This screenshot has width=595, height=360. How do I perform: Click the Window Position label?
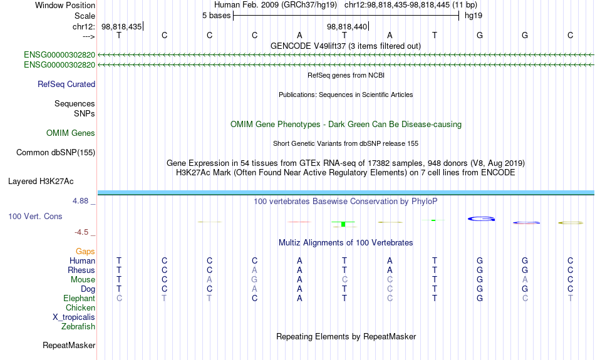pyautogui.click(x=65, y=5)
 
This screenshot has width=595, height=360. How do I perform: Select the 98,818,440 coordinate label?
pyautogui.click(x=347, y=26)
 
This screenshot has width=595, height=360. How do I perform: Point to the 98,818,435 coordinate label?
pyautogui.click(x=122, y=26)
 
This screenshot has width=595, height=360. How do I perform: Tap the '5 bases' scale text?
pyautogui.click(x=216, y=16)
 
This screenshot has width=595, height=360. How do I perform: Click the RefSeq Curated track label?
pyautogui.click(x=66, y=85)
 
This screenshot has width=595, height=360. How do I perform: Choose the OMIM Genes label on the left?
pyautogui.click(x=71, y=133)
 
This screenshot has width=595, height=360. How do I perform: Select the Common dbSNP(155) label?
pyautogui.click(x=56, y=153)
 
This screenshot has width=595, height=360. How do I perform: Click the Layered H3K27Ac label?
pyautogui.click(x=41, y=182)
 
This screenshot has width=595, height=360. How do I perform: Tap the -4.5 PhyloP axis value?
pyautogui.click(x=81, y=232)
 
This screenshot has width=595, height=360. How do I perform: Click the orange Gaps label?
pyautogui.click(x=85, y=252)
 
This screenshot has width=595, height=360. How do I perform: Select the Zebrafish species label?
pyautogui.click(x=78, y=326)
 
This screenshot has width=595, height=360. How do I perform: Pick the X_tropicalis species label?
pyautogui.click(x=74, y=317)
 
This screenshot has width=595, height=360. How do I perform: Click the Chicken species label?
pyautogui.click(x=80, y=307)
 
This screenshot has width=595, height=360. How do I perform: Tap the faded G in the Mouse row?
pyautogui.click(x=254, y=280)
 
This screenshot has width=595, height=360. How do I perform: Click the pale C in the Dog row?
pyautogui.click(x=390, y=289)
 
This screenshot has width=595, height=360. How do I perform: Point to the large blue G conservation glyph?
pyautogui.click(x=481, y=219)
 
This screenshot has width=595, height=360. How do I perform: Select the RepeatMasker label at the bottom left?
pyautogui.click(x=69, y=345)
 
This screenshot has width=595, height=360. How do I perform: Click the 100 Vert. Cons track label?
pyautogui.click(x=35, y=216)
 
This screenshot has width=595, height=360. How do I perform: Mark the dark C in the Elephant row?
pyautogui.click(x=254, y=298)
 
